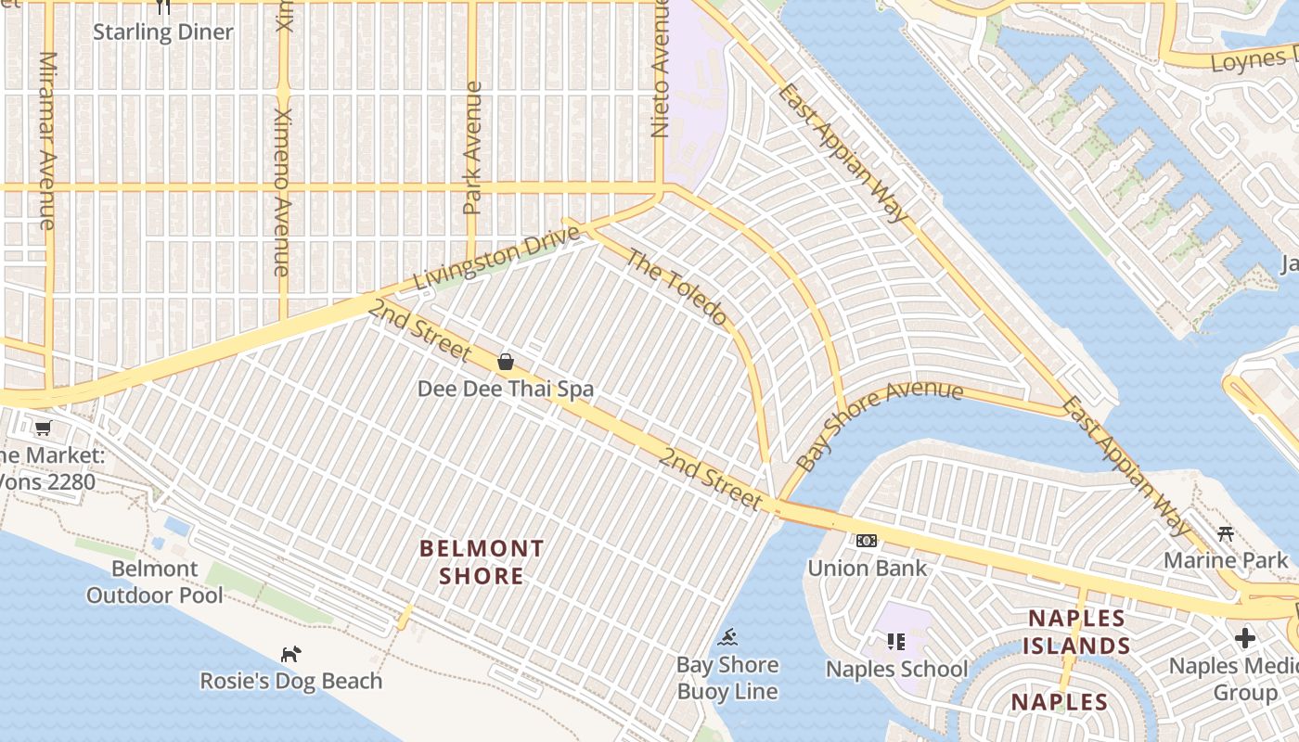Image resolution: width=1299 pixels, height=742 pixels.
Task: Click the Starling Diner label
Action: point(163,32)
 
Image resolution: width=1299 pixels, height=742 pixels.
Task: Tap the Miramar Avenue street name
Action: point(47,139)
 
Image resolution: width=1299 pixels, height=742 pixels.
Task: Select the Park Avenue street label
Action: point(473,148)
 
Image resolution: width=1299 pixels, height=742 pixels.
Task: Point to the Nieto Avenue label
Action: point(661,70)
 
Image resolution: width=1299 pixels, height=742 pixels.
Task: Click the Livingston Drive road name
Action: point(497,256)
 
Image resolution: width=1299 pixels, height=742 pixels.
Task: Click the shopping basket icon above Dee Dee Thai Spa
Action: point(506,362)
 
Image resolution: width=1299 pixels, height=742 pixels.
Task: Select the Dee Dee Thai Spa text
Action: point(506,389)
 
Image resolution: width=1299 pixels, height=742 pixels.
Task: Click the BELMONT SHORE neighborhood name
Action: point(482,562)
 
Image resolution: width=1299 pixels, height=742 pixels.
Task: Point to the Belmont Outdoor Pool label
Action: point(155,582)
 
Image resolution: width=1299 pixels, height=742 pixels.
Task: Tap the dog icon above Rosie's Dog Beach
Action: point(291,654)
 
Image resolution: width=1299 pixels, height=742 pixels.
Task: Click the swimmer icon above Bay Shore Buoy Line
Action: point(728,637)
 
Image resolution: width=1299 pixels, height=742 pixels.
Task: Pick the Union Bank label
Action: point(867,568)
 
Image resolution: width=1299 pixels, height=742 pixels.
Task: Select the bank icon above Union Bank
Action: point(867,541)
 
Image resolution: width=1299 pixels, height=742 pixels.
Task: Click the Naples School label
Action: point(896,669)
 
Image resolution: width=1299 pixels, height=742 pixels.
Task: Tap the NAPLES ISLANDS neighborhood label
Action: point(1076,632)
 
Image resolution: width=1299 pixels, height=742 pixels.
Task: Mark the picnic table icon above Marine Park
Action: point(1226,533)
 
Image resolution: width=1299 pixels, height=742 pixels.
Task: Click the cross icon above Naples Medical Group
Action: point(1245,638)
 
